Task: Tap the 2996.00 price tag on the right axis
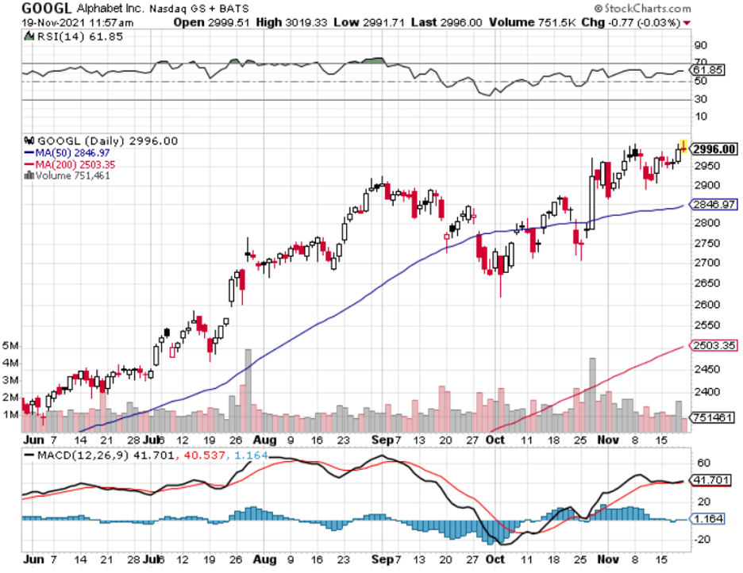[x=714, y=149]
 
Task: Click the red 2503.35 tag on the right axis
[x=713, y=345]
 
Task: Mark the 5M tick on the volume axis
[x=10, y=347]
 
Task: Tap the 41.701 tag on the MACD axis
[x=711, y=479]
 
